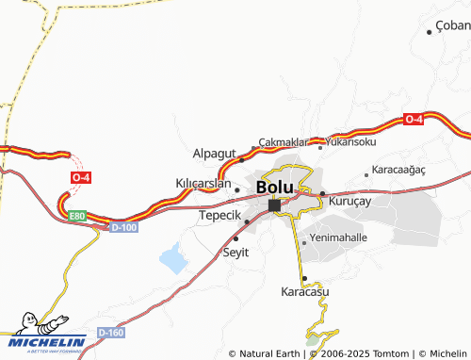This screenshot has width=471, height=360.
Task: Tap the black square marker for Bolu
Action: pos(274,205)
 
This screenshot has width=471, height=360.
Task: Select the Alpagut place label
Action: pos(214,154)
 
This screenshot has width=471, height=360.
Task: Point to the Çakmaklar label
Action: pos(284,140)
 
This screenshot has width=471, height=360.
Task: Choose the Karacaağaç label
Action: pos(399,170)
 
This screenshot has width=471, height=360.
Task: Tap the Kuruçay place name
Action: pos(350,200)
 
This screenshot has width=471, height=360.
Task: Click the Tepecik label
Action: pos(220,215)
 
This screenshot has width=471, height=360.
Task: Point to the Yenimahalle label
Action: pos(338,238)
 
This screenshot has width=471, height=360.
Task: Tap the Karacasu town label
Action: pos(305,292)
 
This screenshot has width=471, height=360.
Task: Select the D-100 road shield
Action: pos(124,227)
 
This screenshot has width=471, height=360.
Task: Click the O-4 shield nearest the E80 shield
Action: pos(81,177)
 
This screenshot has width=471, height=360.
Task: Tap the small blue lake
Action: pos(172,256)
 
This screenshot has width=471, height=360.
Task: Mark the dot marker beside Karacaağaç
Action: pos(366,173)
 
